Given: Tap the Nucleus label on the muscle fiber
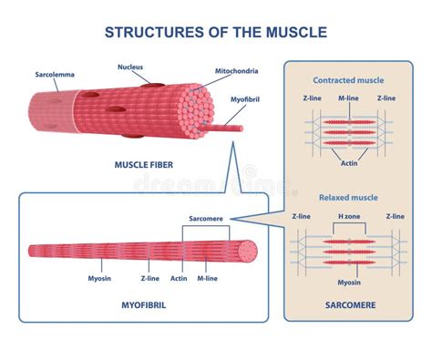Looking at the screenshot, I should click(130, 67).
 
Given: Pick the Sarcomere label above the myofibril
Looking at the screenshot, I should click(207, 219).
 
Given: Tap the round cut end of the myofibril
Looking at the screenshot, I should click(246, 250).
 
